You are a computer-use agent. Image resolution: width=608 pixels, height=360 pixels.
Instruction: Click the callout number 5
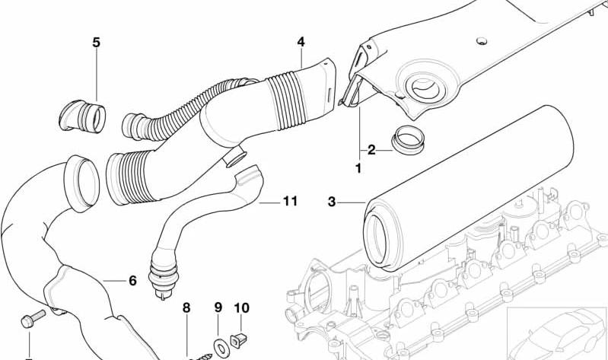[x=96, y=43]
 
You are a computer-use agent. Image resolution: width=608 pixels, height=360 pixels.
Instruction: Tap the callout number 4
[x=301, y=42]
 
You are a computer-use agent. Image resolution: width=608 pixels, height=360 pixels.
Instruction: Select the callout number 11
[x=290, y=201]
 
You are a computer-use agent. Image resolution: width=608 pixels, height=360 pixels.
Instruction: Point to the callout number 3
[x=332, y=202]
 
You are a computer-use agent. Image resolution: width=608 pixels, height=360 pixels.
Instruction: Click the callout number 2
[x=371, y=150]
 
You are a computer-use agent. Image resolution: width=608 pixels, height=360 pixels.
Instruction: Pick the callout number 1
[x=358, y=168]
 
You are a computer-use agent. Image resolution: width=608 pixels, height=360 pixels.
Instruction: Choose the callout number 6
[x=132, y=281]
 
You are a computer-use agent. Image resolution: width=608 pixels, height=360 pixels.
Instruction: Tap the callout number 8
[x=186, y=308]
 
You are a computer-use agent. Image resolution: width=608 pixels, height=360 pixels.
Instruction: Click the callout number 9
[x=218, y=307]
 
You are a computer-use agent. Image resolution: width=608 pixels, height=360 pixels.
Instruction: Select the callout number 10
[x=241, y=308]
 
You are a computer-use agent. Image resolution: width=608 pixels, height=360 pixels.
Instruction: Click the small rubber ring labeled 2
[x=408, y=139]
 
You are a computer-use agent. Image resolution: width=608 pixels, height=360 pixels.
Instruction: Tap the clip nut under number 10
[x=239, y=341]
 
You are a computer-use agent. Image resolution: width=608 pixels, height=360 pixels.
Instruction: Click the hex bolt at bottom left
[x=33, y=318]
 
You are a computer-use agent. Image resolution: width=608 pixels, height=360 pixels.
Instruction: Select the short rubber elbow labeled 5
[x=82, y=116]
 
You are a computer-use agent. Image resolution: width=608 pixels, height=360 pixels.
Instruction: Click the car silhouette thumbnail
[x=557, y=333]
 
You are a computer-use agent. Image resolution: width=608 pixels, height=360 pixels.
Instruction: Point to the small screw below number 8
[x=203, y=356]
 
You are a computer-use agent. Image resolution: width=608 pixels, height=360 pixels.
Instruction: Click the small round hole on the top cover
[x=481, y=41]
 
